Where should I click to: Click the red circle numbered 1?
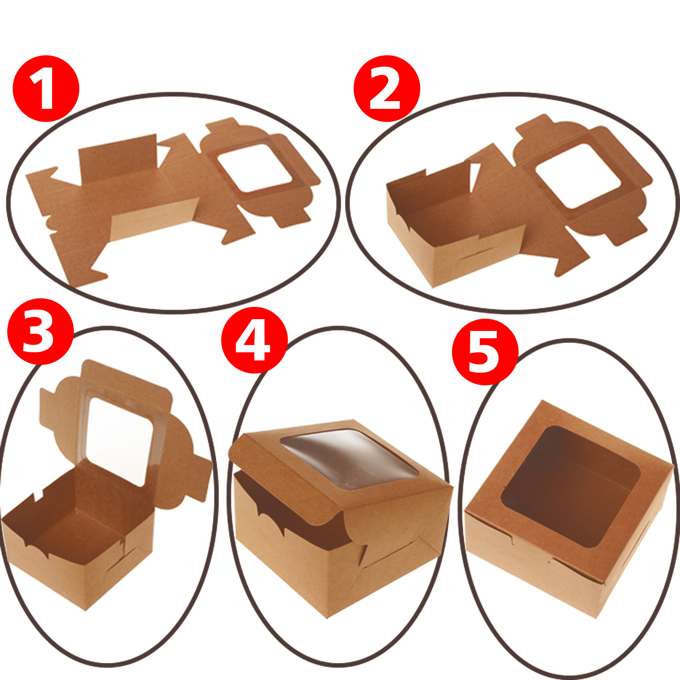(x=46, y=88)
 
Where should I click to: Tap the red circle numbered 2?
(x=387, y=88)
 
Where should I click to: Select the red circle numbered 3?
(x=40, y=331)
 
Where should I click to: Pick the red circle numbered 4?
(x=254, y=340)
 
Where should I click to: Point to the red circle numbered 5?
(x=485, y=352)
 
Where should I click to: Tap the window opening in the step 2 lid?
(x=578, y=176)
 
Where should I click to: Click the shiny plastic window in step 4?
(x=349, y=459)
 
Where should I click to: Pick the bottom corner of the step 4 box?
(x=326, y=617)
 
